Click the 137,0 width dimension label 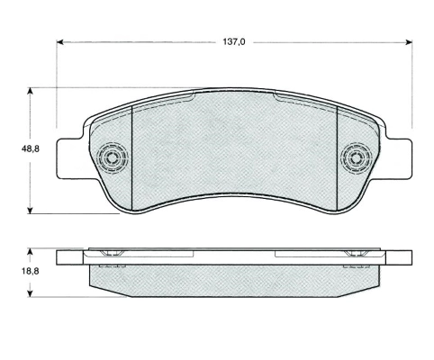tap(234, 42)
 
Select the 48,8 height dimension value tap(30, 148)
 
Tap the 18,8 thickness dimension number tap(30, 271)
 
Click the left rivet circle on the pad tap(113, 157)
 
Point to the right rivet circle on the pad tap(357, 157)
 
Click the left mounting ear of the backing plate tap(68, 158)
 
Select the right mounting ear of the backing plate tap(399, 158)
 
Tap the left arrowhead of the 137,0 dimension tap(60, 42)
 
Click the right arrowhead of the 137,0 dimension tap(409, 42)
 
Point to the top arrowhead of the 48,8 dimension tap(30, 91)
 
